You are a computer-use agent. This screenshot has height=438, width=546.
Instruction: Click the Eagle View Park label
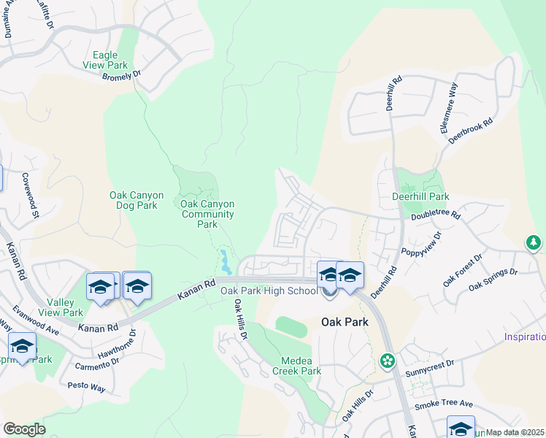(x=110, y=60)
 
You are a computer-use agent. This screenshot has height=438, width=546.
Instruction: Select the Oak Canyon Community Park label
(x=207, y=214)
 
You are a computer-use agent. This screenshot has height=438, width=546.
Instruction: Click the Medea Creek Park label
(x=296, y=366)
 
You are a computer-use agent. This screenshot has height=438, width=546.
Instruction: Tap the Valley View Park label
(x=65, y=307)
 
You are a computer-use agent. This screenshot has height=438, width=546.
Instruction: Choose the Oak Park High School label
(x=269, y=291)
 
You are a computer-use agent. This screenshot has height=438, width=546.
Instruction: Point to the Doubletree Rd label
(x=436, y=215)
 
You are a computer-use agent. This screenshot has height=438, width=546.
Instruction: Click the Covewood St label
(x=30, y=191)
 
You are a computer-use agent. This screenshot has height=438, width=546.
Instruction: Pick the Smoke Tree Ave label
(x=443, y=404)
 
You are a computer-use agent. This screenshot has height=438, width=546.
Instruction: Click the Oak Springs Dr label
(x=493, y=280)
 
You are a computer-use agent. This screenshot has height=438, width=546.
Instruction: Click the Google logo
(x=24, y=429)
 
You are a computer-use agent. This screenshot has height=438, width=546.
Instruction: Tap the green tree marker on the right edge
(x=534, y=242)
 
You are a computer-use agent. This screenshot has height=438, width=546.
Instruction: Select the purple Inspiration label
(x=525, y=337)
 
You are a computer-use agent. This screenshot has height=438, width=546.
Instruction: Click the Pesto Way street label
(x=88, y=385)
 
